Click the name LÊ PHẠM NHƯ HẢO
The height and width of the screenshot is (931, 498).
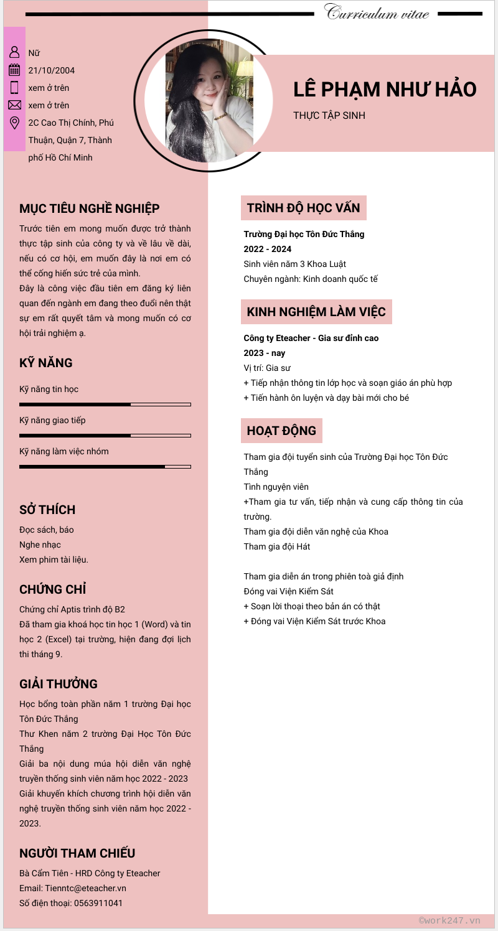click(x=385, y=90)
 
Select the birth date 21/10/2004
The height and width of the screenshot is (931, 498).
click(x=52, y=70)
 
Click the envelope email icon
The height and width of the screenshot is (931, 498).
click(x=14, y=105)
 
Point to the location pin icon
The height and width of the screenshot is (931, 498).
click(x=14, y=123)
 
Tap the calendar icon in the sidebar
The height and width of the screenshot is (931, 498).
click(x=14, y=70)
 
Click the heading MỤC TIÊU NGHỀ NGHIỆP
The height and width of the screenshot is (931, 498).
click(x=90, y=208)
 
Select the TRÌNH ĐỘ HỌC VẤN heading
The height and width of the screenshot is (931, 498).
click(x=303, y=208)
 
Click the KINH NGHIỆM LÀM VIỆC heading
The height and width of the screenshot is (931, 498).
click(x=316, y=312)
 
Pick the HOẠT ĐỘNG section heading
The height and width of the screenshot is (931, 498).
click(x=281, y=431)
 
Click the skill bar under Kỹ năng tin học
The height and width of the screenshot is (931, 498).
click(x=105, y=405)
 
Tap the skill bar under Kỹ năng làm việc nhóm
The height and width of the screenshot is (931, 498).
click(x=105, y=466)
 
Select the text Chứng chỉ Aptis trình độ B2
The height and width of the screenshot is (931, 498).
click(x=72, y=609)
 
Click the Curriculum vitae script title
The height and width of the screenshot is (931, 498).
click(x=377, y=12)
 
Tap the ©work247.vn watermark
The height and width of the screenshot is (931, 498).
click(x=449, y=920)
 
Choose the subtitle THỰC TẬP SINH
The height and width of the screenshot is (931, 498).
click(x=329, y=116)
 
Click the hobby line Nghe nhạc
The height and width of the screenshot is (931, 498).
click(x=40, y=545)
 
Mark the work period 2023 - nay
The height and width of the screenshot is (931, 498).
click(x=265, y=353)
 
